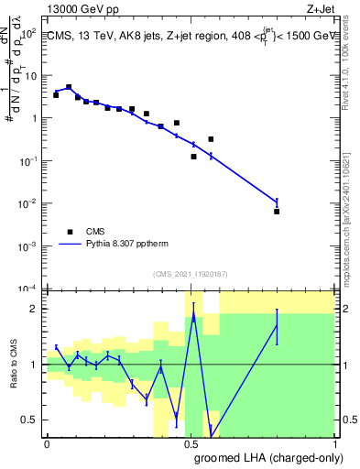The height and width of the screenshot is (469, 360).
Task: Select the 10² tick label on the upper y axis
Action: coord(29,32)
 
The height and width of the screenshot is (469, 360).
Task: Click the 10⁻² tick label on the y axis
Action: coord(28,203)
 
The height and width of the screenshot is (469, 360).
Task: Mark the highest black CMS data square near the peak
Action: coord(69,87)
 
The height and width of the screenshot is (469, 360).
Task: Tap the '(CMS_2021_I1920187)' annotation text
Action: coord(190,274)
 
